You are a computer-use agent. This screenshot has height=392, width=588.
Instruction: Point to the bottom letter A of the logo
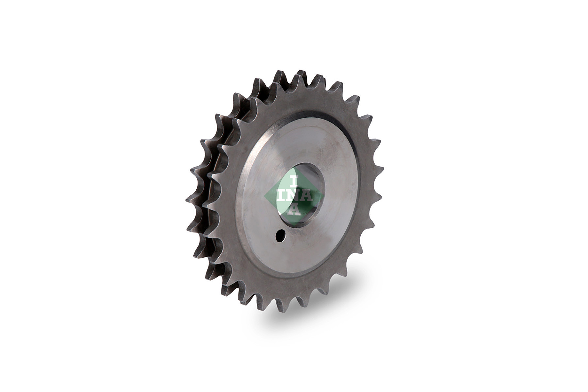(294, 210)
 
